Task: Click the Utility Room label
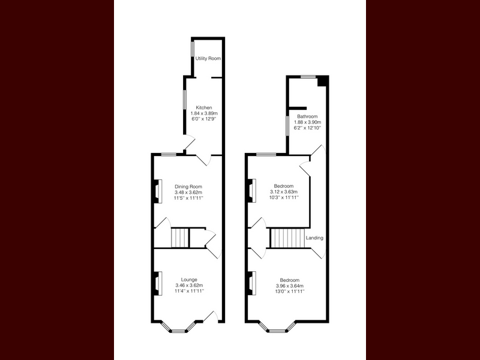(x=208, y=58)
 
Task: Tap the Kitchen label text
(x=204, y=108)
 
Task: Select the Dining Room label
(x=188, y=187)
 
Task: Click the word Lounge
(x=189, y=280)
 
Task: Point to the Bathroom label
(x=307, y=116)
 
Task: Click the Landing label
(x=314, y=238)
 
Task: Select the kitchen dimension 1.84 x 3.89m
(x=204, y=113)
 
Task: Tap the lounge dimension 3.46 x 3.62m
(x=189, y=286)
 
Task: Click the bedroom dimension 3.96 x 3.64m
(x=290, y=286)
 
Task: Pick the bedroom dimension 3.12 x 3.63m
(x=284, y=192)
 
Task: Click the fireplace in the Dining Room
(x=157, y=191)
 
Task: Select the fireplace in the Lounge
(x=157, y=284)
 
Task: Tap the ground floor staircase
(x=180, y=238)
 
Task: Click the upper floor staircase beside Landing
(x=288, y=238)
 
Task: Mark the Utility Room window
(x=193, y=49)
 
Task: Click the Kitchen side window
(x=185, y=99)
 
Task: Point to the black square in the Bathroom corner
(x=323, y=82)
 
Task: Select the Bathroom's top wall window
(x=308, y=77)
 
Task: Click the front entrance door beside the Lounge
(x=211, y=317)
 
